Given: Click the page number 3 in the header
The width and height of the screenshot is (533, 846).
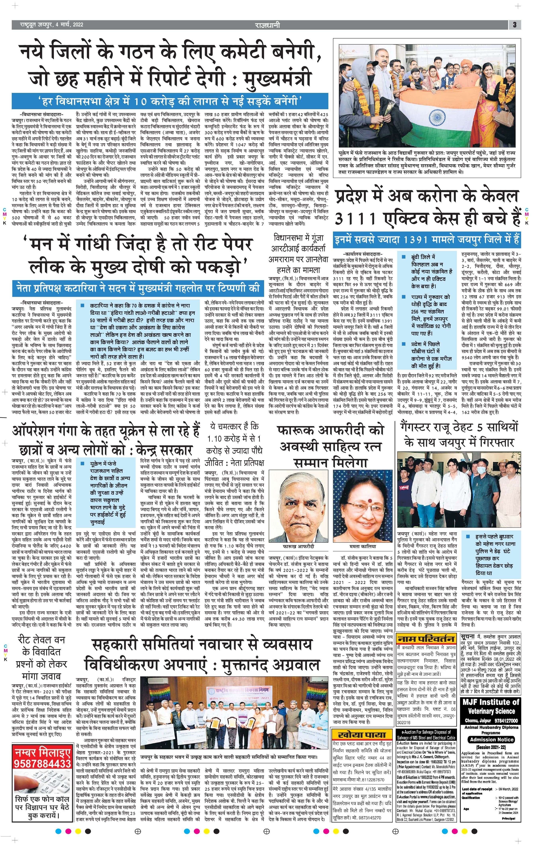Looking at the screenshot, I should coord(514,25).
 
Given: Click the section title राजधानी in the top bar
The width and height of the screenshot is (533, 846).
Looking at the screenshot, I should coord(267,25).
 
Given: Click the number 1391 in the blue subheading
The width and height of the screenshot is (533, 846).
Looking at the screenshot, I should coord(419,240).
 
